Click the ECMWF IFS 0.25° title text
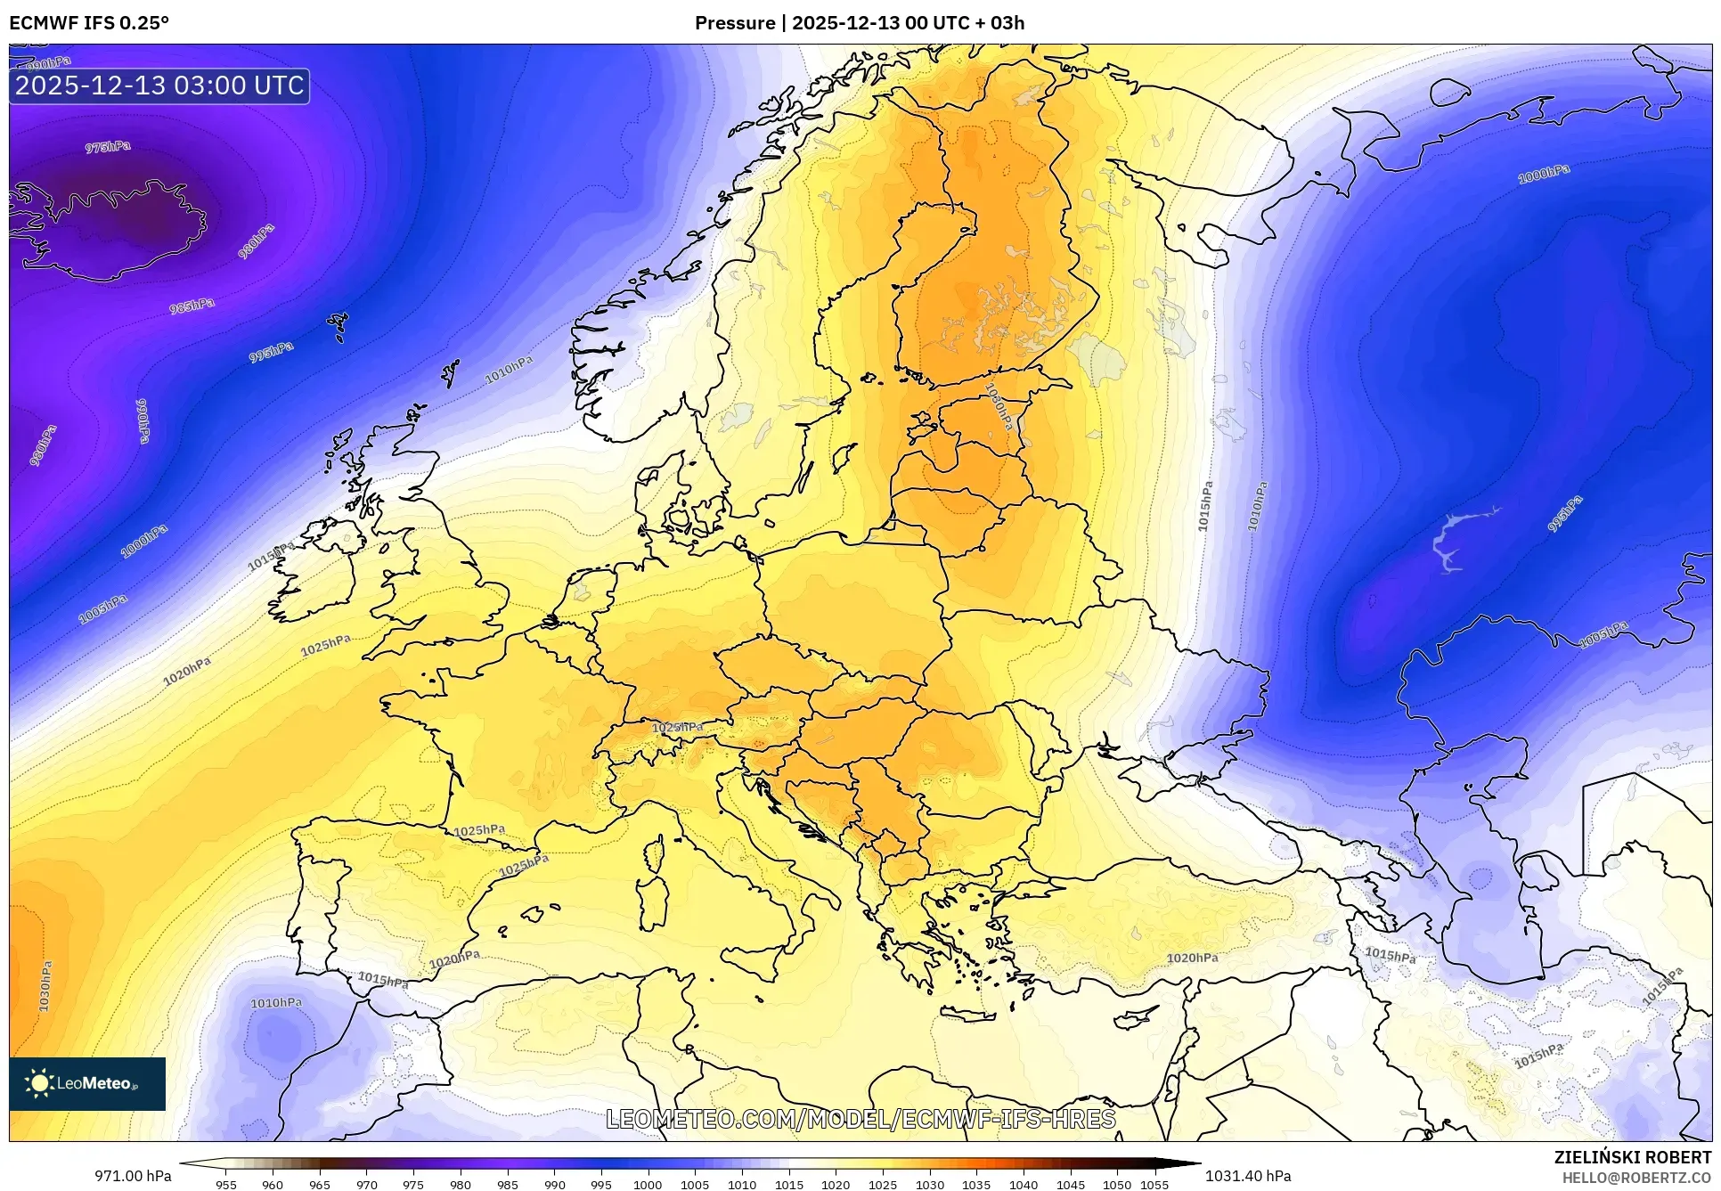tap(89, 23)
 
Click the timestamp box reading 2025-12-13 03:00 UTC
tap(159, 86)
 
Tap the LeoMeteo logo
tap(87, 1083)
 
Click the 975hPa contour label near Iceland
tap(108, 147)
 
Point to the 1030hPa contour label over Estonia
tap(998, 406)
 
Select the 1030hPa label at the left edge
tap(45, 985)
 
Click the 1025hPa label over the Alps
tap(677, 728)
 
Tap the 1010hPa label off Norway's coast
tap(509, 370)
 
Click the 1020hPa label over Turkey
tap(1192, 958)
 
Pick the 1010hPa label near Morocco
tap(276, 1003)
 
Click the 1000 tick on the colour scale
tap(648, 1185)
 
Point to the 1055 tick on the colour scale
tap(1154, 1185)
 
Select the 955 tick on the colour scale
tap(226, 1185)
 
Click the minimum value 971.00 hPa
tap(133, 1176)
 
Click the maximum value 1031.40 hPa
tap(1248, 1176)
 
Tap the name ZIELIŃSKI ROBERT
tap(1632, 1157)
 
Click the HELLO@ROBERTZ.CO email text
tap(1636, 1178)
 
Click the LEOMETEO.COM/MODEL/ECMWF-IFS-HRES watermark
tap(860, 1119)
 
